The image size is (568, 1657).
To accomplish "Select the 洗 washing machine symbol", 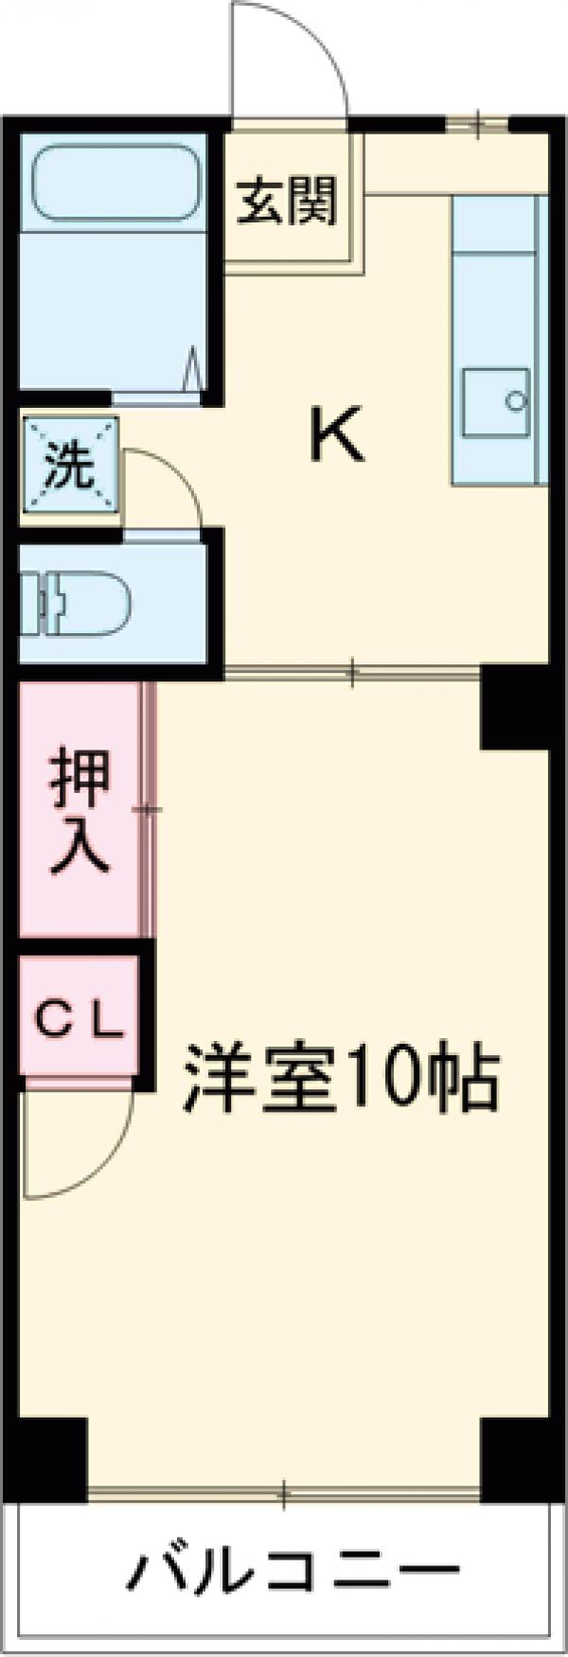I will pos(70,467).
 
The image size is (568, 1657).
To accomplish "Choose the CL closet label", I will pos(80,1022).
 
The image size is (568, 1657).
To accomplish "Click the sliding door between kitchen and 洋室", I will pos(352,674).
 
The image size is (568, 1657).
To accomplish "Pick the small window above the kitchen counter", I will pos(477,122).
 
